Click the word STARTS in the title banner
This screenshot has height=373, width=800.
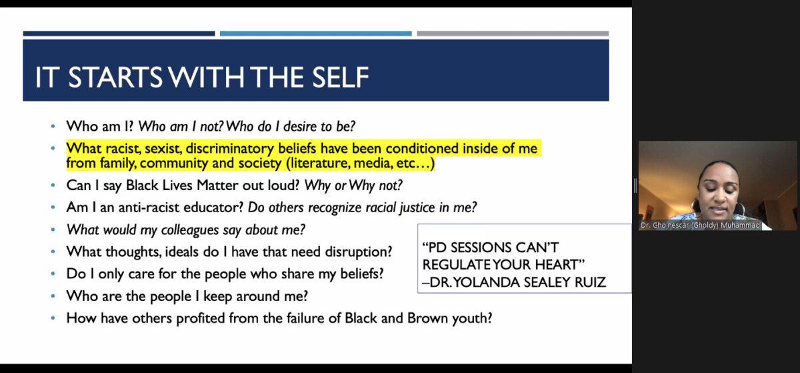115,77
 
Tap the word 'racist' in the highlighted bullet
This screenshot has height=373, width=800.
123,148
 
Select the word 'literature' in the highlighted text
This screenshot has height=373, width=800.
320,163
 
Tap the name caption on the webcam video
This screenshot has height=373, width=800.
700,226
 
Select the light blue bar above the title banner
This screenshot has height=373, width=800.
316,33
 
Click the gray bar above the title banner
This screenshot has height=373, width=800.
513,33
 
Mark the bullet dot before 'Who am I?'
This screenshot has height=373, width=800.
53,126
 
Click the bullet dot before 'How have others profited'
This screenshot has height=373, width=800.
53,318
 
